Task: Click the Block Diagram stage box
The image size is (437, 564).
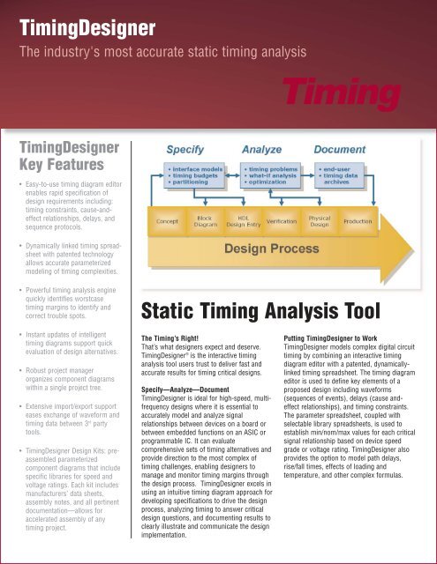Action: click(205, 219)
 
